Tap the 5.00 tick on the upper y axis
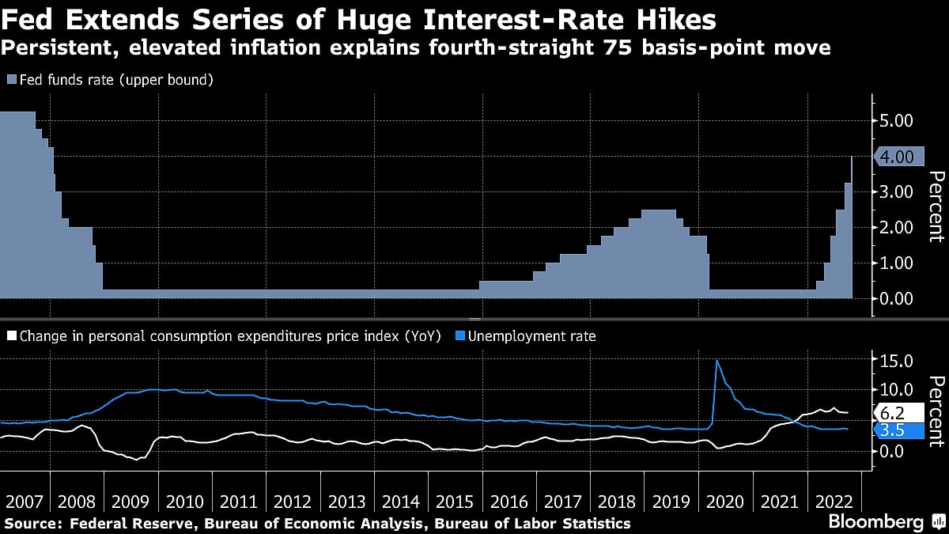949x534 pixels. pyautogui.click(x=898, y=120)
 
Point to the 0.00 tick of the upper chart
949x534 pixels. pyautogui.click(x=898, y=298)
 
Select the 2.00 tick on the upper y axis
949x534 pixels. pyautogui.click(x=898, y=227)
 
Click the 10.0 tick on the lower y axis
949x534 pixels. pyautogui.click(x=898, y=390)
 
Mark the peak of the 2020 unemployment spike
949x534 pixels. pyautogui.click(x=716, y=361)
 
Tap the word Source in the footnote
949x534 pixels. pyautogui.click(x=32, y=523)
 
